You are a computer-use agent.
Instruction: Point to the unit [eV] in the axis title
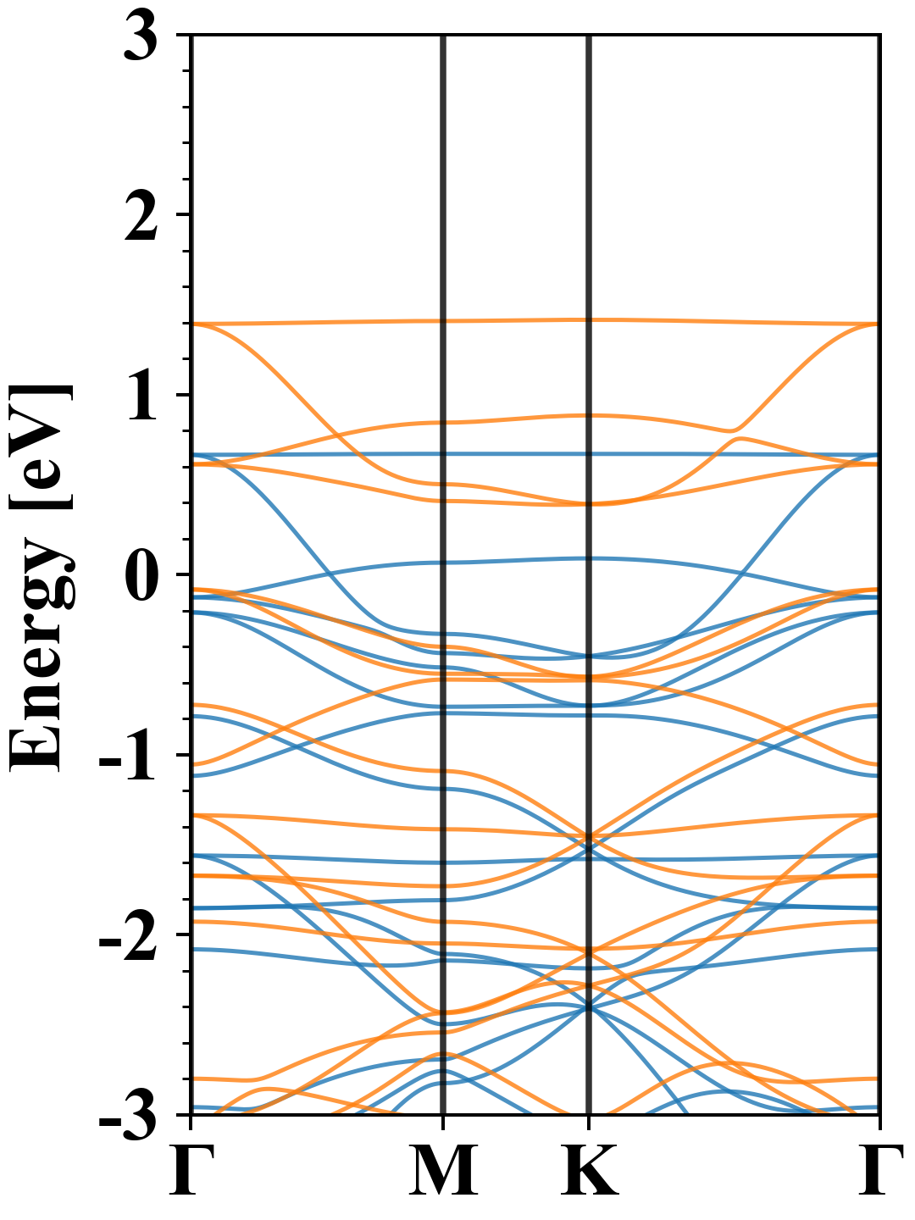pos(42,446)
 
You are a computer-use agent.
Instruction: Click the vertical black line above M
pos(443,575)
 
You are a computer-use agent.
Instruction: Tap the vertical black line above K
pos(589,575)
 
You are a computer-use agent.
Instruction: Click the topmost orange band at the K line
pos(589,319)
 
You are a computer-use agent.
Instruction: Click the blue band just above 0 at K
pos(589,558)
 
